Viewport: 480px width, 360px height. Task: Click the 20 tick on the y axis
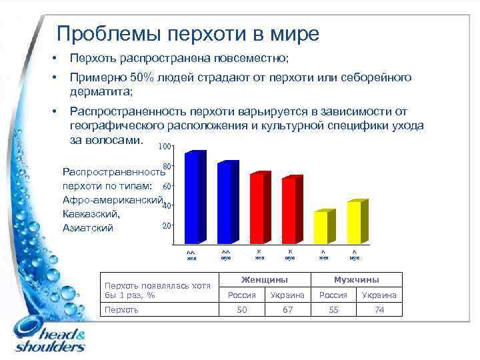click(x=167, y=225)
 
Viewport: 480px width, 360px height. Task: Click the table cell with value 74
click(x=380, y=309)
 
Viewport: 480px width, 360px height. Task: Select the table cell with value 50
click(x=242, y=309)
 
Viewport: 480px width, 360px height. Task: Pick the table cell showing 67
click(x=288, y=309)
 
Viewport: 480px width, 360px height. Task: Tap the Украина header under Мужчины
click(x=380, y=295)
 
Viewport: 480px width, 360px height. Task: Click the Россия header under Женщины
click(x=242, y=295)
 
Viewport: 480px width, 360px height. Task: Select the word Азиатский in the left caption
click(x=88, y=228)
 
